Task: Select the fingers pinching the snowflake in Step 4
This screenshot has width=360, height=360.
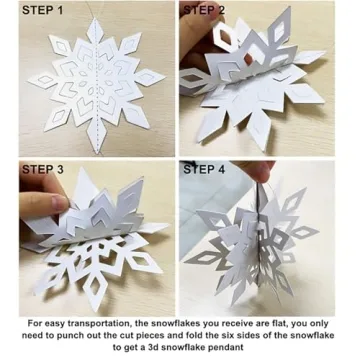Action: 267,185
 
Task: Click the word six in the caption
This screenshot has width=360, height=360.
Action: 256,336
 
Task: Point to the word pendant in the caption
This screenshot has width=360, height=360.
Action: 239,349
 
